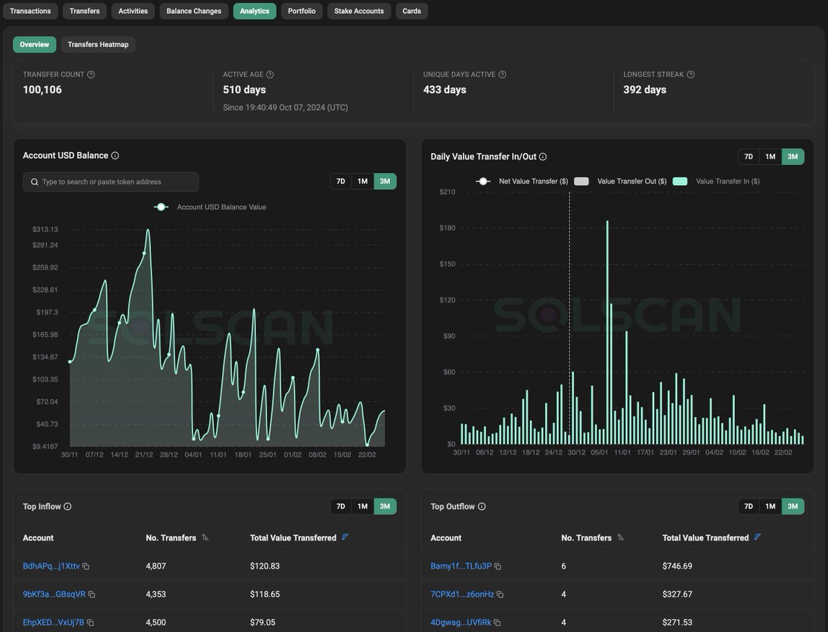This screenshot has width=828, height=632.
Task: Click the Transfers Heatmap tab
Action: pyautogui.click(x=99, y=44)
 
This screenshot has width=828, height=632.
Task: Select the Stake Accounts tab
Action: pyautogui.click(x=359, y=11)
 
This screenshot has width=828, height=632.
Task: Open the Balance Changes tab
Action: pyautogui.click(x=194, y=11)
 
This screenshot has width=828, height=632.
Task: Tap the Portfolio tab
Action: pyautogui.click(x=302, y=11)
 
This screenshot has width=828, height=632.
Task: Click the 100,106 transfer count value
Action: pyautogui.click(x=42, y=90)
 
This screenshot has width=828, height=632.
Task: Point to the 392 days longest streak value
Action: pyautogui.click(x=644, y=90)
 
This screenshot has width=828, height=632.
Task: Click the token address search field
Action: pyautogui.click(x=111, y=181)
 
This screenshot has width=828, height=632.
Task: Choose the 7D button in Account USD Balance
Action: pyautogui.click(x=341, y=181)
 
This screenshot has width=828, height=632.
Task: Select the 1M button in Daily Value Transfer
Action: pyautogui.click(x=770, y=157)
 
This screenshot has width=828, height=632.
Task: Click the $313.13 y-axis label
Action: pyautogui.click(x=46, y=229)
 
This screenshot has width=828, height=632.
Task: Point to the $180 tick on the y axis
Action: pyautogui.click(x=447, y=228)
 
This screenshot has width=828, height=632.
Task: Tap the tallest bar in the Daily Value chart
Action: pyautogui.click(x=607, y=331)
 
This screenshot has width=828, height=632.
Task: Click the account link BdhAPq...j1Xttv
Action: pyautogui.click(x=51, y=566)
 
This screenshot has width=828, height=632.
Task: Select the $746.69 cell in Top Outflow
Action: pyautogui.click(x=677, y=566)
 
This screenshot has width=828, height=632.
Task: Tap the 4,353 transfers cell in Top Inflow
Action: pyautogui.click(x=156, y=594)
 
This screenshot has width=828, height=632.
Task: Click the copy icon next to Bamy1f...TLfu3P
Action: pyautogui.click(x=497, y=566)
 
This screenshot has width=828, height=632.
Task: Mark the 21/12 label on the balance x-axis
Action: pyautogui.click(x=144, y=455)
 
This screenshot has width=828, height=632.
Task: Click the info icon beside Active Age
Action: pyautogui.click(x=270, y=75)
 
